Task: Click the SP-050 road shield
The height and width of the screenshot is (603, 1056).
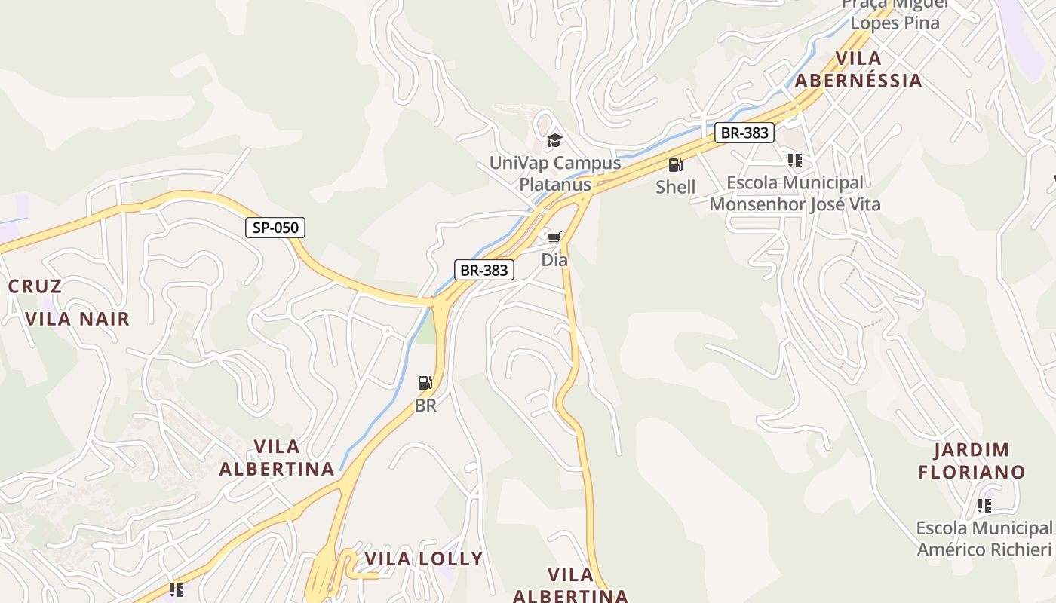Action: [x=275, y=228]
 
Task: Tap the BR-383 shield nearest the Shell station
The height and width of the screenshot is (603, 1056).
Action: [x=744, y=133]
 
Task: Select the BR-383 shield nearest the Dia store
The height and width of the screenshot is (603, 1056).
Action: [x=483, y=270]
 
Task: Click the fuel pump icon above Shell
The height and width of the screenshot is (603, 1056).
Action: [x=675, y=165]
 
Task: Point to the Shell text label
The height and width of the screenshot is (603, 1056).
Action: [x=675, y=186]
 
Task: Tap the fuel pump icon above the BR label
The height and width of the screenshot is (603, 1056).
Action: [x=425, y=383]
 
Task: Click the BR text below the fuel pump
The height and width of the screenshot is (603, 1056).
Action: [x=425, y=406]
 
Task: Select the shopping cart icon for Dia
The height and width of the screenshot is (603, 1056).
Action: [x=554, y=238]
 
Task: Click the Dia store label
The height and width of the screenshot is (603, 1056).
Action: [x=554, y=260]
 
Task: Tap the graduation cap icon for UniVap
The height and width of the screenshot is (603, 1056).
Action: [x=554, y=141]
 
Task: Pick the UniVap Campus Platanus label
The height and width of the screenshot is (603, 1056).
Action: [x=555, y=173]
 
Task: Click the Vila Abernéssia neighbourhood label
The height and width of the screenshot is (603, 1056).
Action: [x=858, y=69]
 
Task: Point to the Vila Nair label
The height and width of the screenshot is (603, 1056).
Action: [x=78, y=319]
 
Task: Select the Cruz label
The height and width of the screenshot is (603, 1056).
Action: [x=35, y=286]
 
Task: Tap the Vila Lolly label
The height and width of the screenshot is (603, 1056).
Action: [x=423, y=559]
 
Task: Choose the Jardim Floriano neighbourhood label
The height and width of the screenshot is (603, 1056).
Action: [x=972, y=461]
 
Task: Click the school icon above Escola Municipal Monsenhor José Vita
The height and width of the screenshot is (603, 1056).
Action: [x=794, y=161]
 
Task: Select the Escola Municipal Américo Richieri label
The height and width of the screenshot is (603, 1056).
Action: [x=984, y=538]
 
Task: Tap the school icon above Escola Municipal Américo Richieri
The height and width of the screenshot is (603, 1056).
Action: [x=984, y=506]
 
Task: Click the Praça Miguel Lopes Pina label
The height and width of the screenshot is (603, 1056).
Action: [x=895, y=14]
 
